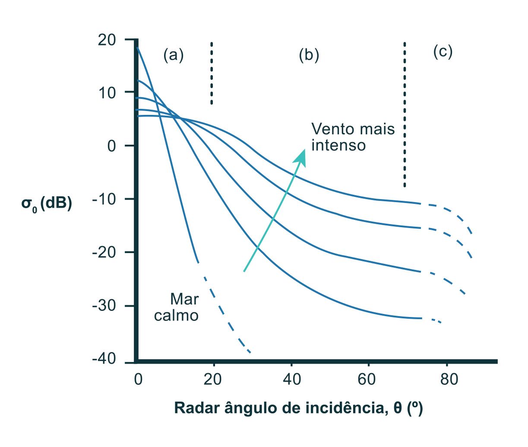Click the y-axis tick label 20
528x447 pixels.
107,40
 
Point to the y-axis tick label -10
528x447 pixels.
104,199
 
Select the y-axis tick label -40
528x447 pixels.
104,359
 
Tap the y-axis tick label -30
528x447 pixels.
104,306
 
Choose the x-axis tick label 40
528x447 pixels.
292,380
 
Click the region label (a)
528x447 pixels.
174,55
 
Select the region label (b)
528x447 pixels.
309,55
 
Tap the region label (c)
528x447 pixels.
443,52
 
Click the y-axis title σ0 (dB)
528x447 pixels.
47,203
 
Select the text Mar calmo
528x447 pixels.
177,307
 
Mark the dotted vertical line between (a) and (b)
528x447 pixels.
212,73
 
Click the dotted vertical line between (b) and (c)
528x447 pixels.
405,114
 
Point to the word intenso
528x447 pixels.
338,145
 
